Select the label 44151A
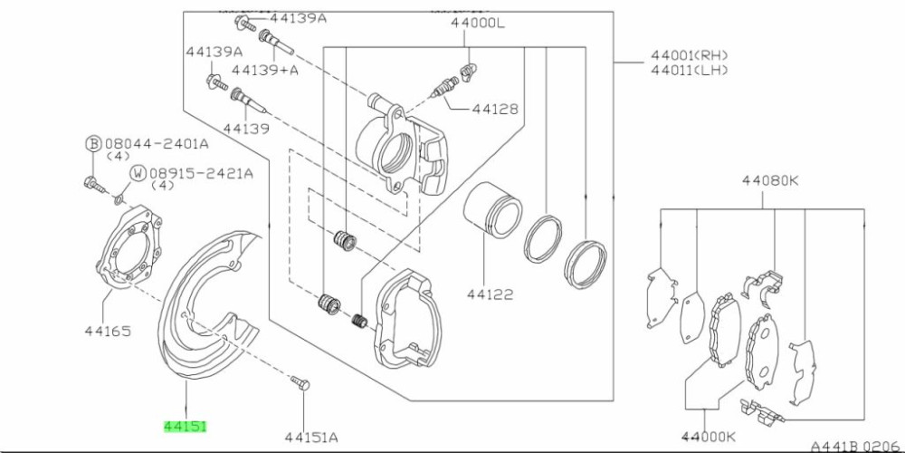point(312,438)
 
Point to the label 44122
point(491,294)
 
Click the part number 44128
point(495,109)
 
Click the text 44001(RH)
point(691,54)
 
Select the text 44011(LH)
point(691,70)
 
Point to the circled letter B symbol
point(92,143)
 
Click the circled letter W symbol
point(138,172)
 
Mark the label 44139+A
point(265,69)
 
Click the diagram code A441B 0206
point(855,446)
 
